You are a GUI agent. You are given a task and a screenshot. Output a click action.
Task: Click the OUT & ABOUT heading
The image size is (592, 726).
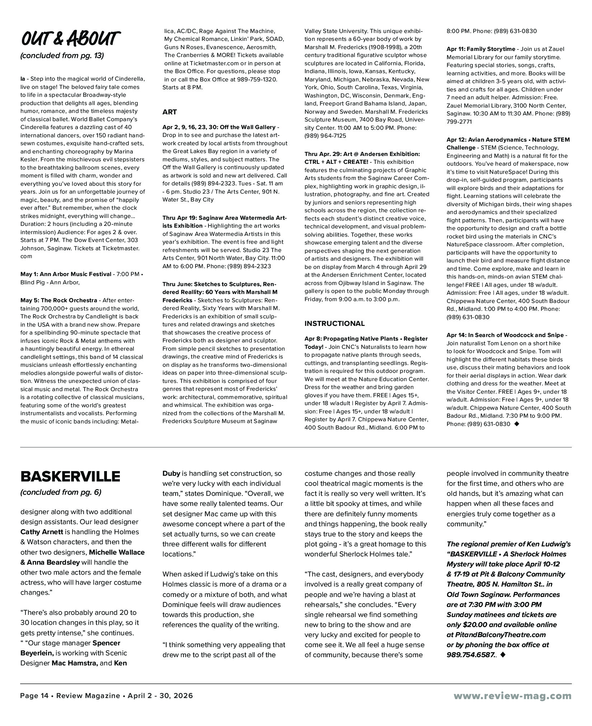click(x=70, y=38)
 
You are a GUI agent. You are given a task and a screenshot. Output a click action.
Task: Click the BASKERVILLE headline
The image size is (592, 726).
click(x=70, y=476)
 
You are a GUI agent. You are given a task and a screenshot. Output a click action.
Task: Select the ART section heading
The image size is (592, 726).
click(x=169, y=112)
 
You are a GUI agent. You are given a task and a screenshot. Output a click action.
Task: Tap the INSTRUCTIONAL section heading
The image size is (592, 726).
click(x=334, y=323)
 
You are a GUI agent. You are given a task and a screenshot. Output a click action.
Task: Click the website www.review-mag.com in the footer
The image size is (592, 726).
click(x=512, y=696)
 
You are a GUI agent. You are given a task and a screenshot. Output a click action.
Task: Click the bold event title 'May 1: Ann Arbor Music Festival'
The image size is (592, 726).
click(x=66, y=274)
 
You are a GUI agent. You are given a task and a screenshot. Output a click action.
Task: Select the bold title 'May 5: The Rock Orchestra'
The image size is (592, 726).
click(x=58, y=300)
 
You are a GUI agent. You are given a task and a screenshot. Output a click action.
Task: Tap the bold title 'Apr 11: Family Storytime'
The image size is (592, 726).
click(x=480, y=49)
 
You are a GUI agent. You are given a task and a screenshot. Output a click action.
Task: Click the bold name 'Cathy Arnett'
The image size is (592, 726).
click(x=42, y=532)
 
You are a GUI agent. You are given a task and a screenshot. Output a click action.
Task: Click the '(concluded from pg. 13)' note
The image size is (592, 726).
click(x=62, y=56)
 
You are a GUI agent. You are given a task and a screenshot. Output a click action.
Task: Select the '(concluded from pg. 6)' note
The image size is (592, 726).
click(x=61, y=492)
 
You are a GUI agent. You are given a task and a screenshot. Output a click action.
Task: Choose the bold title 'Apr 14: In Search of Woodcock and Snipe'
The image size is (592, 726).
click(x=505, y=335)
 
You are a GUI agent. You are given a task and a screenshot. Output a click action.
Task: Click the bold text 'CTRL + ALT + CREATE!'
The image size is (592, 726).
click(x=336, y=162)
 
